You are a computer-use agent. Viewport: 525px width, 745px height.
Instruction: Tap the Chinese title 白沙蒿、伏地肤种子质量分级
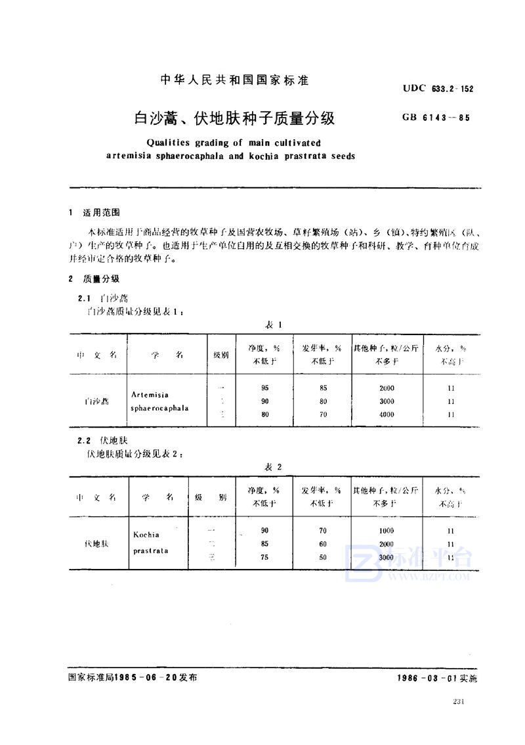click(234, 118)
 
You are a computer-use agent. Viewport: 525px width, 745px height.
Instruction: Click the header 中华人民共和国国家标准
click(234, 81)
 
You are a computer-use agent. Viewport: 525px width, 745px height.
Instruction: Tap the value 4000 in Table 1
click(387, 415)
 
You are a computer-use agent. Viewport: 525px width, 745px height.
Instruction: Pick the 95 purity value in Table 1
click(264, 388)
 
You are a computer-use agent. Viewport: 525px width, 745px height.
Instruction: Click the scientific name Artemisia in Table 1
click(150, 395)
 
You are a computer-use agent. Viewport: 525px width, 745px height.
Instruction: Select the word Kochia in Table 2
click(146, 535)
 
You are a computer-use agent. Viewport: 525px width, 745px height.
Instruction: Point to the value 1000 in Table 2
click(387, 530)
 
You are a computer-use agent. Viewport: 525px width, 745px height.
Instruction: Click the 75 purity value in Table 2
click(264, 557)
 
